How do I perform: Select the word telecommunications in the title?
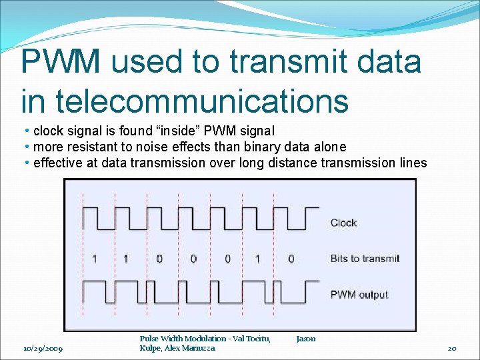click(x=201, y=101)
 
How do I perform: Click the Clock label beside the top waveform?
click(x=343, y=223)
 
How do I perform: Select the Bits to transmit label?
click(x=365, y=259)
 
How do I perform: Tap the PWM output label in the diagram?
click(x=359, y=295)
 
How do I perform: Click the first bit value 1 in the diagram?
click(x=95, y=259)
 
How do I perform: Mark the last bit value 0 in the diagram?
click(x=291, y=259)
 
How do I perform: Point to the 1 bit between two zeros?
click(x=258, y=259)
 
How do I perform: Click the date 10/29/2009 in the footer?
click(x=43, y=349)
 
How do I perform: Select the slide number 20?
click(x=451, y=349)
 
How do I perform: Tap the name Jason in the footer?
click(x=306, y=339)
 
